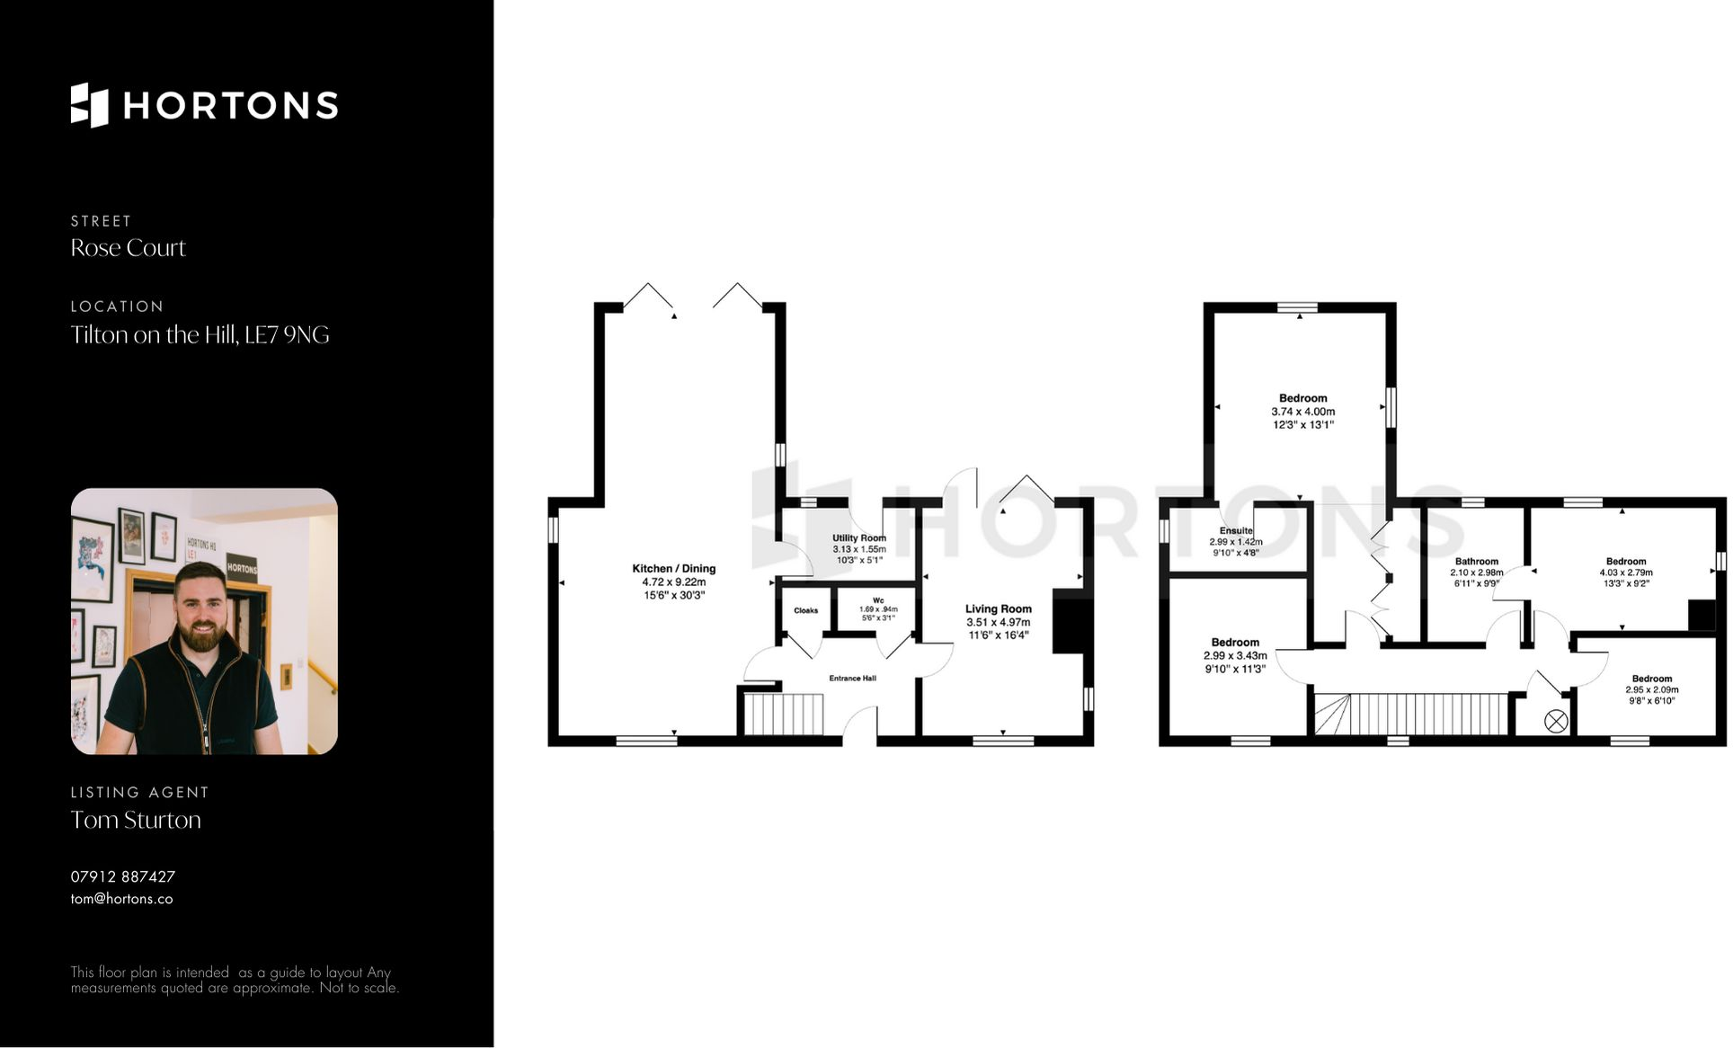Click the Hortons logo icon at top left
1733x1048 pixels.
tap(89, 105)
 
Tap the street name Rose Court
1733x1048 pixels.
tap(128, 248)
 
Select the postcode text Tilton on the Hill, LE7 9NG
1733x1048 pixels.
tap(200, 335)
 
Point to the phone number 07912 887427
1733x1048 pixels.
tap(123, 876)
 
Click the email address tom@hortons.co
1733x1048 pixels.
tap(121, 899)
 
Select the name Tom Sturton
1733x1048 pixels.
tap(136, 820)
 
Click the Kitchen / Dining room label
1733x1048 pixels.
tap(673, 569)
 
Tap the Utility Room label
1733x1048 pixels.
tap(858, 538)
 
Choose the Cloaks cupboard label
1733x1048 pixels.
tap(805, 610)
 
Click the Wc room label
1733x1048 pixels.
tap(877, 600)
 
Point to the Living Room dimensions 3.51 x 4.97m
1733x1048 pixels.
tap(998, 622)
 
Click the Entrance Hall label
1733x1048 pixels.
tap(852, 679)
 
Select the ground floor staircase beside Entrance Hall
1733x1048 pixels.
tap(783, 715)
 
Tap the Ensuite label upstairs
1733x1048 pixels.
tap(1236, 531)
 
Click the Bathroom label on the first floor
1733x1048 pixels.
tap(1476, 562)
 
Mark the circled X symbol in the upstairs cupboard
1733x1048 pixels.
tap(1555, 721)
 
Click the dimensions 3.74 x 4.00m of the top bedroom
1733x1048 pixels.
tap(1302, 412)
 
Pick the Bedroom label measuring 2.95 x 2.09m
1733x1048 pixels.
tap(1651, 679)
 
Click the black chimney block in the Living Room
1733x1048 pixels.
tap(1069, 621)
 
